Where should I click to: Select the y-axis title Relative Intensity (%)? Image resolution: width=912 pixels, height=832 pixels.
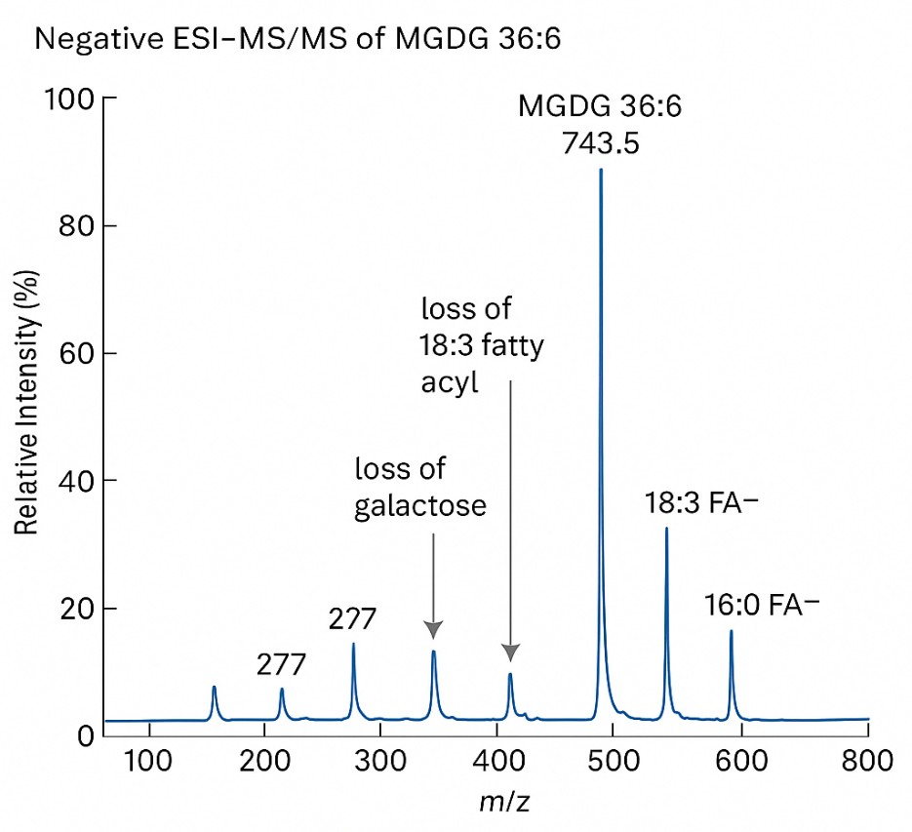(26, 418)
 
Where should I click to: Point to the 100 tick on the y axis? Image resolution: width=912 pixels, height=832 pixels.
(70, 99)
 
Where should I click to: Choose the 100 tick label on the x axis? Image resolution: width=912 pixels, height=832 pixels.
(149, 761)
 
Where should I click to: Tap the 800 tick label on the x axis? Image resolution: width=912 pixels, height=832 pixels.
(867, 761)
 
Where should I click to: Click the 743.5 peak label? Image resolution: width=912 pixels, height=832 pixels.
(600, 143)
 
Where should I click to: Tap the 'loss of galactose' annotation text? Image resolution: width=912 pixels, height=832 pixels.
(419, 488)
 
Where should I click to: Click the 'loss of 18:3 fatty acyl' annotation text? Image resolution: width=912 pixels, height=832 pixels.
(481, 346)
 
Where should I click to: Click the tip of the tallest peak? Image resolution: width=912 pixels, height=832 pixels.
(600, 170)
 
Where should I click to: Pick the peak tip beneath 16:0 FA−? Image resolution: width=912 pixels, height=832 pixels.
(731, 632)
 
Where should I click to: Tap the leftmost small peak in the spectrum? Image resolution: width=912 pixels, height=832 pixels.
(214, 688)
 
